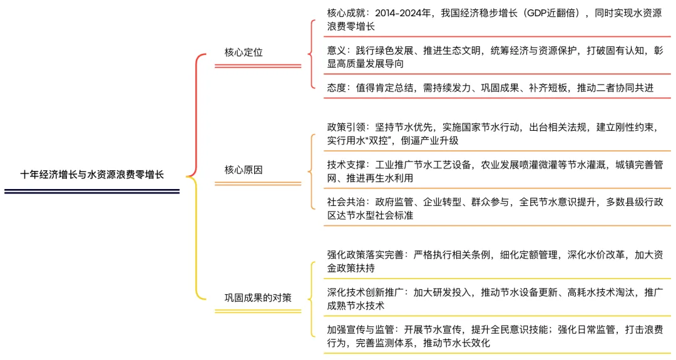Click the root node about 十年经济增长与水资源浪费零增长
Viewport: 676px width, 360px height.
pyautogui.click(x=92, y=175)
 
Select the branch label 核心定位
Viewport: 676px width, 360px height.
pyautogui.click(x=243, y=53)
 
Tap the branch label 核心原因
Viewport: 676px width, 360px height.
pyautogui.click(x=243, y=170)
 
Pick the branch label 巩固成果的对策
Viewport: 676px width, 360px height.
pyautogui.click(x=258, y=297)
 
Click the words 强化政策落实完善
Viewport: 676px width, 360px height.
pyautogui.click(x=366, y=255)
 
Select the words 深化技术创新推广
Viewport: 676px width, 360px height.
pyautogui.click(x=366, y=292)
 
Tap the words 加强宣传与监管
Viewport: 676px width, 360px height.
pyautogui.click(x=361, y=329)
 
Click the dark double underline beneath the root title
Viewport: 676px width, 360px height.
pyautogui.click(x=92, y=192)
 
